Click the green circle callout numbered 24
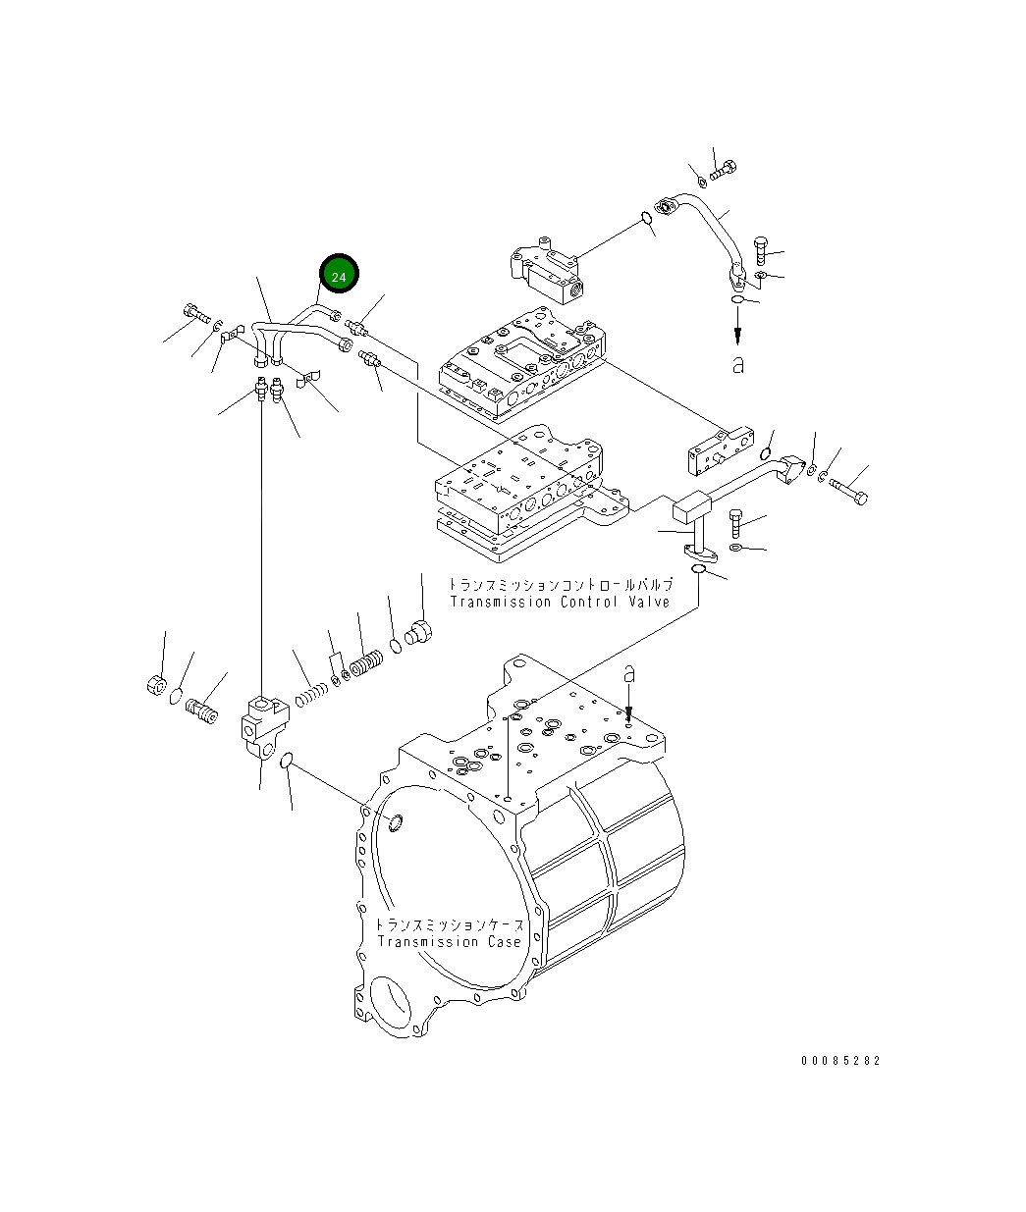[339, 277]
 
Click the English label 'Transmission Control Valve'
[560, 602]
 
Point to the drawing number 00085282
[840, 1061]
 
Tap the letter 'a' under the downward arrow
[738, 364]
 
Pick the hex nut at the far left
[155, 685]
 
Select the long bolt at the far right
[848, 491]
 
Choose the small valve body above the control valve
[546, 270]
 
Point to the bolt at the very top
[723, 170]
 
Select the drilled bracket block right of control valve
[720, 448]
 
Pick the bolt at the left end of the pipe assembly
[196, 315]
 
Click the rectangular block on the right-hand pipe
[691, 508]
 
